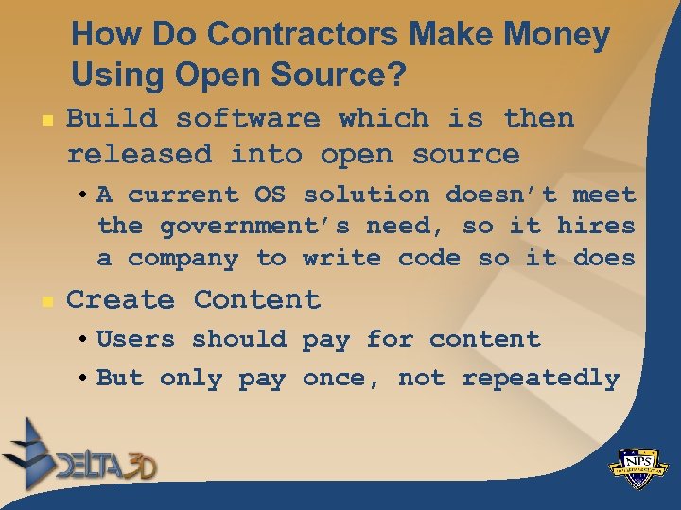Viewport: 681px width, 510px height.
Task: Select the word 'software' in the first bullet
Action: click(248, 119)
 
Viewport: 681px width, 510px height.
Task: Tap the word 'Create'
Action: click(120, 300)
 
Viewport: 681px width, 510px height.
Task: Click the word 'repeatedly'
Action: click(540, 379)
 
